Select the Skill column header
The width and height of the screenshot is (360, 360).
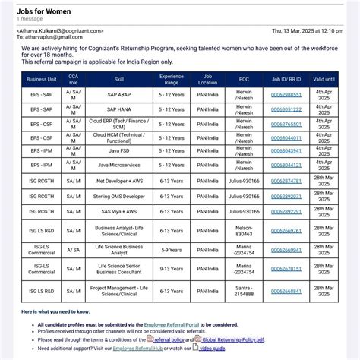pyautogui.click(x=119, y=78)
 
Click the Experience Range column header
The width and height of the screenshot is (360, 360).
pyautogui.click(x=171, y=78)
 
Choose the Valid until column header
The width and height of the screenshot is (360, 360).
pyautogui.click(x=324, y=78)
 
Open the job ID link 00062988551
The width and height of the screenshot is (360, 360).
pyautogui.click(x=286, y=95)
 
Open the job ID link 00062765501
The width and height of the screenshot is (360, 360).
pyautogui.click(x=286, y=123)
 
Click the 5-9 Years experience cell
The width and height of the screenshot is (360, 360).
pyautogui.click(x=171, y=249)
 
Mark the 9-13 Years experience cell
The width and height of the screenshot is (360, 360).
pyautogui.click(x=171, y=268)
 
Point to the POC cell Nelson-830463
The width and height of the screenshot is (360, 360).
pyautogui.click(x=245, y=230)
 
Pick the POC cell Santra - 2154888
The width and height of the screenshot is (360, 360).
pyautogui.click(x=245, y=291)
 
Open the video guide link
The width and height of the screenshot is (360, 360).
pyautogui.click(x=212, y=348)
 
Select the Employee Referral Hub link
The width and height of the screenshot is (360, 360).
pyautogui.click(x=139, y=348)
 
